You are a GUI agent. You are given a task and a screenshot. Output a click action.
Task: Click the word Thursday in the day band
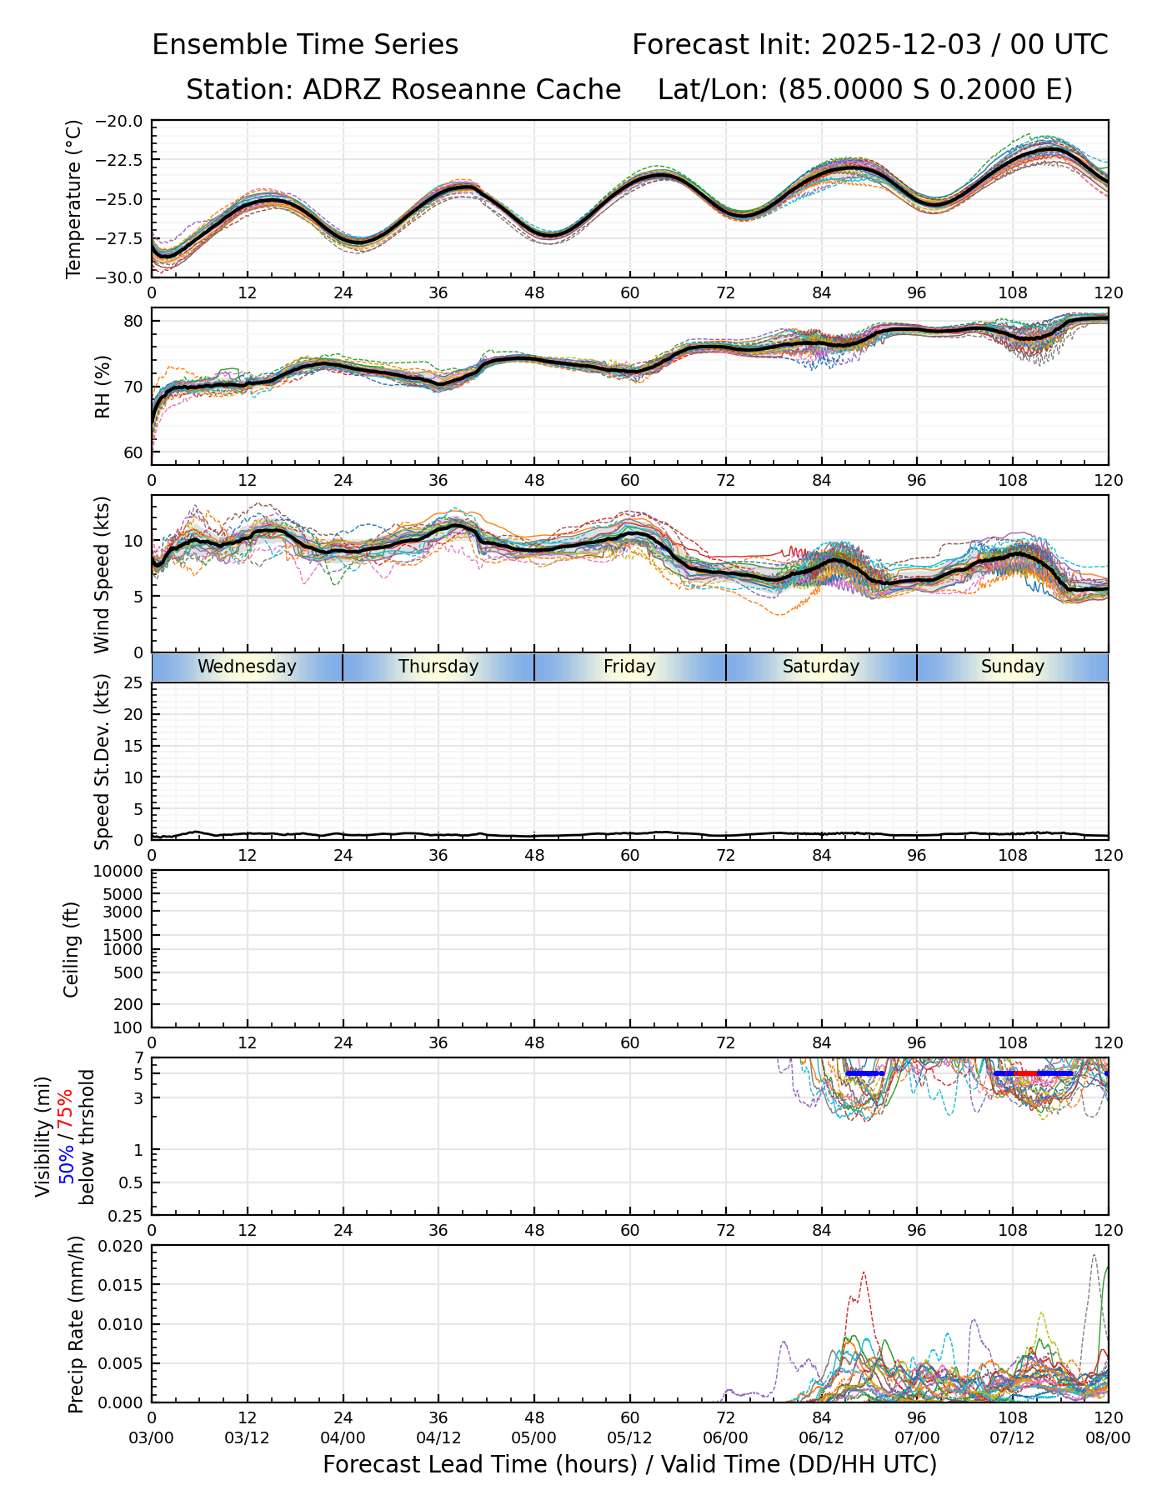tap(438, 667)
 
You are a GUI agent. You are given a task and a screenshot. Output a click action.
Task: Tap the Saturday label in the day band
tap(821, 667)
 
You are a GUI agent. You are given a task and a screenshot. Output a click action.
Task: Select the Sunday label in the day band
tap(1012, 667)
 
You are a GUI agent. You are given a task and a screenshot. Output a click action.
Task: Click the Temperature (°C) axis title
tap(74, 199)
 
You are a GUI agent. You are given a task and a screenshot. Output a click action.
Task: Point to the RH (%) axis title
tap(103, 386)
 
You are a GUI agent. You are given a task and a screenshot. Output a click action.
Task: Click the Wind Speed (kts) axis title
tap(103, 574)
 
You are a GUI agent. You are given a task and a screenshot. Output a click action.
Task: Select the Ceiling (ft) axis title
tap(72, 949)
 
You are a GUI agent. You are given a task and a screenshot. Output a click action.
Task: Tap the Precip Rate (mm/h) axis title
tap(76, 1324)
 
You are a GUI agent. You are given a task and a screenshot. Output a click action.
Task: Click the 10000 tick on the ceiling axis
tap(120, 872)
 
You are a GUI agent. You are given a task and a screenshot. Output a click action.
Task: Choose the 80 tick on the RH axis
tap(133, 321)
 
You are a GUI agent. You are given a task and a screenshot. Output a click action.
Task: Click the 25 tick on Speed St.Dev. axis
tap(133, 683)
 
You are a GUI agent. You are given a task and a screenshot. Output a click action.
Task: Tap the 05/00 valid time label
tap(534, 1438)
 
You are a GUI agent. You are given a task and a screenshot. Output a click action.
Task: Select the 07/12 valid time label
tap(1012, 1438)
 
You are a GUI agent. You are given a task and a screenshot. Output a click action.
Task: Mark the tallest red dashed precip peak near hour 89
tap(864, 1272)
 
